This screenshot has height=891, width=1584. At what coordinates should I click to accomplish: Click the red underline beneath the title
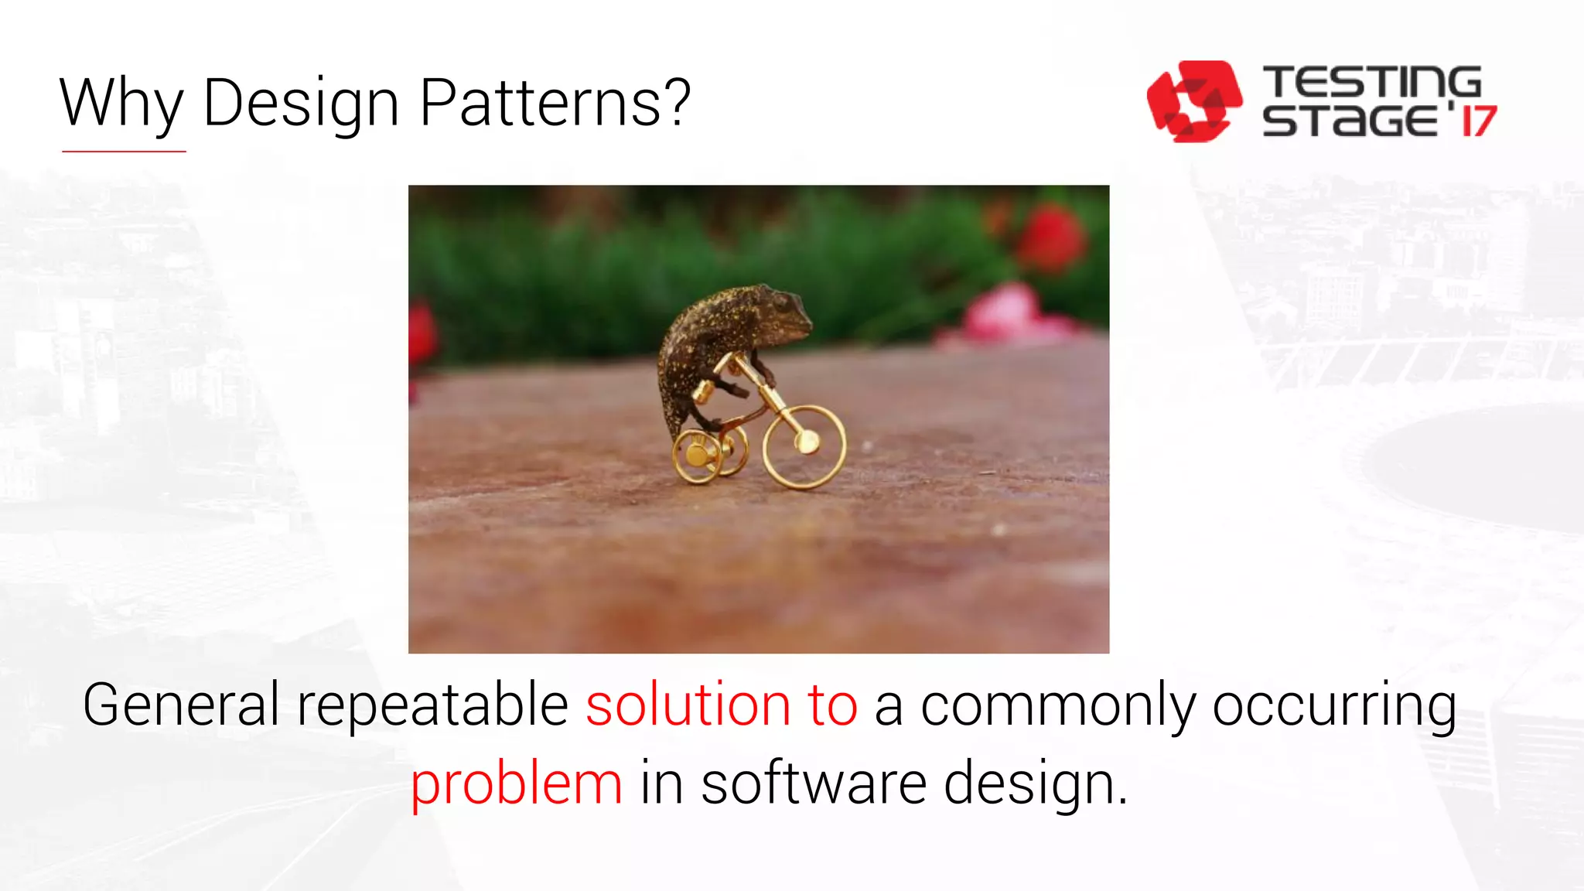(124, 152)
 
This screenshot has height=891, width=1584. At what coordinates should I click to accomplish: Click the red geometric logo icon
(1193, 101)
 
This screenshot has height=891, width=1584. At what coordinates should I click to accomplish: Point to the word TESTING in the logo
(1371, 82)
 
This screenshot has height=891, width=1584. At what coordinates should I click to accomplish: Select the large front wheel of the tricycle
(804, 447)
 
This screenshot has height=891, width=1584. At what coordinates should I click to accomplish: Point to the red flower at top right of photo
(1050, 237)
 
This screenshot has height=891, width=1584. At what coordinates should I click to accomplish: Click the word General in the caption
(181, 705)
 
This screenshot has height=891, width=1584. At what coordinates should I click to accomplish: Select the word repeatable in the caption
(433, 705)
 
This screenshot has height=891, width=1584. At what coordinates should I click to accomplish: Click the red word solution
(688, 705)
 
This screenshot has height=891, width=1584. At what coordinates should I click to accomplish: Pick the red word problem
(516, 784)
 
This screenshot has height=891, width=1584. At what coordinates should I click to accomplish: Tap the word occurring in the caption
(1334, 705)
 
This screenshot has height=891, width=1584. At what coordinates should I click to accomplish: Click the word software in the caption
(814, 783)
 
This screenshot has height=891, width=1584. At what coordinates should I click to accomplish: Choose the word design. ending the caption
(1035, 784)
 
